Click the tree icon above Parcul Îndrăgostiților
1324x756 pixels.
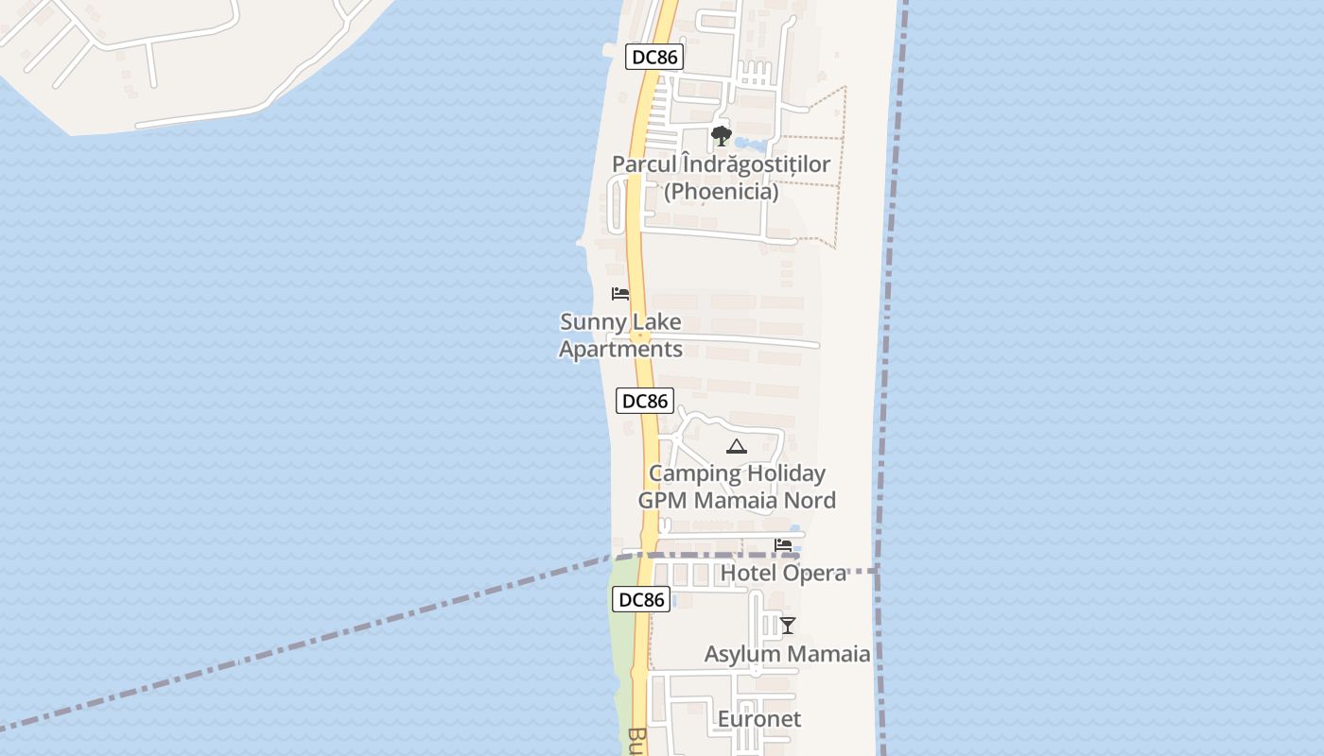(722, 135)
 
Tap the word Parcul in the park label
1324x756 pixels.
(644, 164)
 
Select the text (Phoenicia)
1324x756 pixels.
(721, 192)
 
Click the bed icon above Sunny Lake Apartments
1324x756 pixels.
(620, 294)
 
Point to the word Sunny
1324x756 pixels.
(587, 322)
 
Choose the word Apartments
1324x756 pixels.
(620, 350)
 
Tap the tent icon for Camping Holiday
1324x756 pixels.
(737, 446)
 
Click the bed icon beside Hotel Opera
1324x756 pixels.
(783, 545)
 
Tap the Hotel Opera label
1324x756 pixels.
(783, 574)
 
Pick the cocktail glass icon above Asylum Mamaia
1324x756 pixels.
(787, 626)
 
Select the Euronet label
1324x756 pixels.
(758, 719)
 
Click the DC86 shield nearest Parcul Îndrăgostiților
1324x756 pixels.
(653, 57)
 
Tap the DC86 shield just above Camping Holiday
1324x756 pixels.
(645, 401)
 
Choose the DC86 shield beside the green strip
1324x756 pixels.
(641, 599)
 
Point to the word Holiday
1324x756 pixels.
(781, 473)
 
